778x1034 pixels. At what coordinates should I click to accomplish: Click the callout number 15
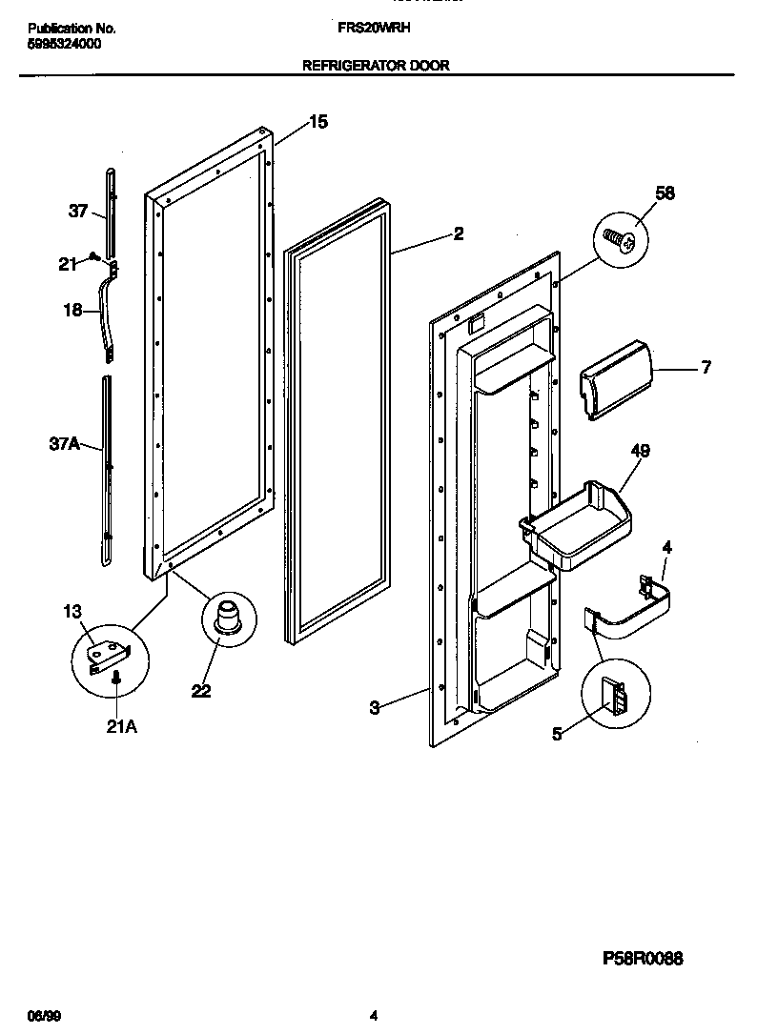click(317, 121)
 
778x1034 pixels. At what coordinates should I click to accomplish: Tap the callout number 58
click(665, 193)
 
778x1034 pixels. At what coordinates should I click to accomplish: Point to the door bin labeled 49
click(577, 527)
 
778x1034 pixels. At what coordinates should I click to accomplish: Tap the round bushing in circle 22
click(230, 618)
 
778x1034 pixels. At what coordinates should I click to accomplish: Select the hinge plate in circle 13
click(107, 656)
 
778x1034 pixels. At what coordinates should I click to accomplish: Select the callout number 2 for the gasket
click(459, 233)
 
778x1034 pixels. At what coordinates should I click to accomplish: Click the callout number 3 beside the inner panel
click(375, 707)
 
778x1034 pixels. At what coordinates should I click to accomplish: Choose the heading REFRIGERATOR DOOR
click(376, 66)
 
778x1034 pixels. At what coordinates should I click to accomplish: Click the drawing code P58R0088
click(642, 959)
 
